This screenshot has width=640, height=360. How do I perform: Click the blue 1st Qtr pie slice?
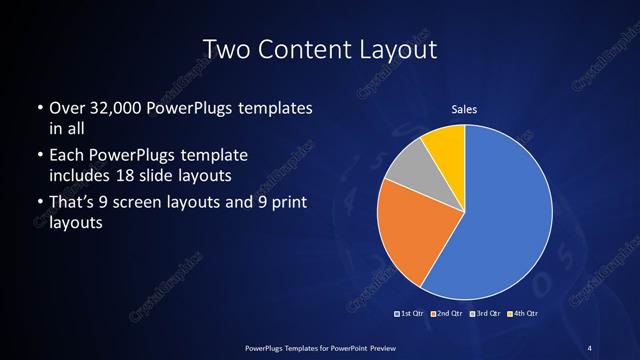tap(500, 215)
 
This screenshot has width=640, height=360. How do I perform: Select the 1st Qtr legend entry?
tap(412, 313)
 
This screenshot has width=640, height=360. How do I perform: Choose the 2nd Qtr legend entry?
tap(447, 313)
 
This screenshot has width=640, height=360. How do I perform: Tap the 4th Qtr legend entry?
tap(522, 313)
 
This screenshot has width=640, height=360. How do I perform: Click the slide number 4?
tap(590, 347)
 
